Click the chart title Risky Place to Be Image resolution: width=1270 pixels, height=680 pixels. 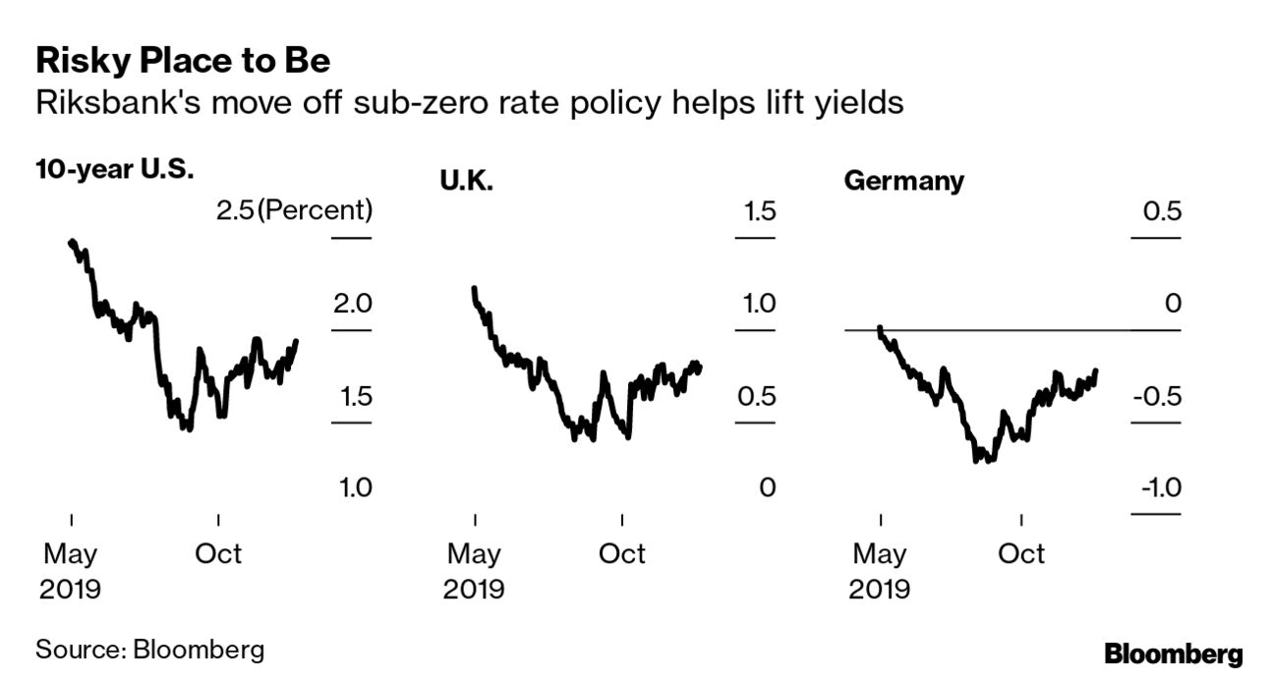coord(182,62)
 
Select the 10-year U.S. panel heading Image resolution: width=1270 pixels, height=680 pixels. coord(115,168)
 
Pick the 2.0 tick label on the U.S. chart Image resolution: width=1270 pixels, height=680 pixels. coord(352,304)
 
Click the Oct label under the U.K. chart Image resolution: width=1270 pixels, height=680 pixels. coord(622,553)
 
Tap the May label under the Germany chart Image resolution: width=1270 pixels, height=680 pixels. coord(879,553)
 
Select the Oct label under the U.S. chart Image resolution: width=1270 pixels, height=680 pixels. coord(217,553)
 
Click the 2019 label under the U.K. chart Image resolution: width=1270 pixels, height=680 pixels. coord(474,590)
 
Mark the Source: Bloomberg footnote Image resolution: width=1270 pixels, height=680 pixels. coord(149,650)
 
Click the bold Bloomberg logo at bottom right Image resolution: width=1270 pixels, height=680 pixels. coord(1174,653)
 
